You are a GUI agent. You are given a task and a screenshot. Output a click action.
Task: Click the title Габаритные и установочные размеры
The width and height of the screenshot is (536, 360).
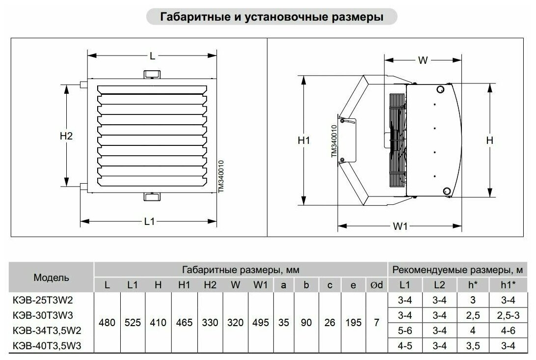click(x=271, y=17)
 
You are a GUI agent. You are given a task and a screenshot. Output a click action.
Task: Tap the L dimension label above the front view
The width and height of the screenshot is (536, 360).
click(x=153, y=56)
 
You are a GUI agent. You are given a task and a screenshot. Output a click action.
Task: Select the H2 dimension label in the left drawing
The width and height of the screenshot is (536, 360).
click(x=66, y=136)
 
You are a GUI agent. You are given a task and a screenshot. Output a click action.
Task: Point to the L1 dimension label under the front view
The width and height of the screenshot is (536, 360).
click(x=150, y=222)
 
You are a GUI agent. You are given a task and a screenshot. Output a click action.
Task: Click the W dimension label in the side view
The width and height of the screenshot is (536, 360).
click(x=423, y=60)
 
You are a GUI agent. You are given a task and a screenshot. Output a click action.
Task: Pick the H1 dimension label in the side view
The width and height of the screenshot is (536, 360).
click(x=304, y=140)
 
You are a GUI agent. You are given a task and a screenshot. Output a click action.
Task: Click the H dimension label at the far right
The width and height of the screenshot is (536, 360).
click(x=489, y=140)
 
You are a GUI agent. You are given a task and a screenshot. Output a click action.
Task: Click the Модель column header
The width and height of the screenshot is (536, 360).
click(x=52, y=277)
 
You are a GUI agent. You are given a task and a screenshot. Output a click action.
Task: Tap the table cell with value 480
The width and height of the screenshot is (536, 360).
click(x=107, y=323)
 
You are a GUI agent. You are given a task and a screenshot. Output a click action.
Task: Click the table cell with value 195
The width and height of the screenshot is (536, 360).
click(x=353, y=323)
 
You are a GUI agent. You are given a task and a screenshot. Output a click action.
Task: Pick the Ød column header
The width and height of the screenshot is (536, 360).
click(x=376, y=284)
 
